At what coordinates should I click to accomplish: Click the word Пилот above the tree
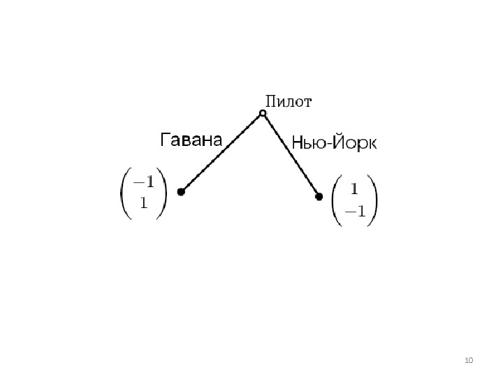(289, 102)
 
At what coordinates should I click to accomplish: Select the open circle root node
(263, 113)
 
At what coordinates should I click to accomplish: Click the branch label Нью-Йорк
(334, 144)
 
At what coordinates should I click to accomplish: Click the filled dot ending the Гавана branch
(181, 191)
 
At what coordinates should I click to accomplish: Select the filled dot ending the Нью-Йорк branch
(319, 197)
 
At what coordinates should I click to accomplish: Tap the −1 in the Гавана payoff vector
(144, 182)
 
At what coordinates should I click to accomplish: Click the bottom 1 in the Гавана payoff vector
(144, 204)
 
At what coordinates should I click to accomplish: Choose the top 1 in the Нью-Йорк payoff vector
(354, 188)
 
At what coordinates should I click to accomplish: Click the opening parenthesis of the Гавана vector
(124, 193)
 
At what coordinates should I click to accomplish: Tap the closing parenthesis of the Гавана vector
(163, 193)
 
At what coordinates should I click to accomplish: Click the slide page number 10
(469, 360)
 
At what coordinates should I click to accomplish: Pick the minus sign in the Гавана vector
(138, 182)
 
